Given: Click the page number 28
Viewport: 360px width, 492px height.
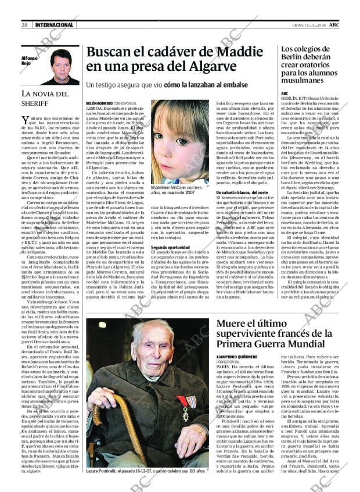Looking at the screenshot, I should pos(25,25).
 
